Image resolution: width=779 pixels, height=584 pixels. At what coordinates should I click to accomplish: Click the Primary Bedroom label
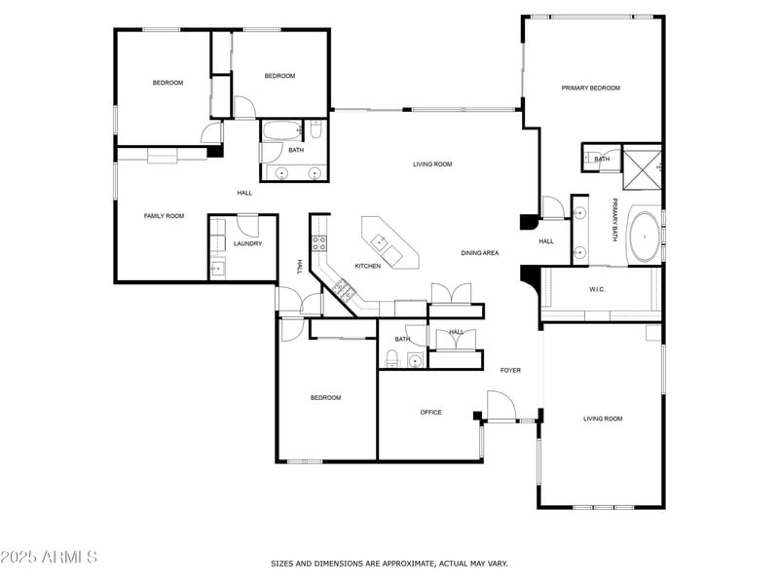click(x=591, y=88)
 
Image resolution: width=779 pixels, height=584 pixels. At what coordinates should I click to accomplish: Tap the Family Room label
click(x=164, y=216)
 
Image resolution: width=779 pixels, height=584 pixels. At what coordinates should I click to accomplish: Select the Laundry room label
click(x=247, y=244)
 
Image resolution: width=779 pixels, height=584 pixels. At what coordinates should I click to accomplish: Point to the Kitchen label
click(x=368, y=266)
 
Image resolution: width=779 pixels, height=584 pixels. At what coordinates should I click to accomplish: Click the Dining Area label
click(x=479, y=253)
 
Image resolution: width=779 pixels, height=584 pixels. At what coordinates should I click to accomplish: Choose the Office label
click(x=430, y=412)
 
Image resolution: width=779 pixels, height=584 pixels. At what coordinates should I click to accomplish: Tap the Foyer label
click(x=510, y=370)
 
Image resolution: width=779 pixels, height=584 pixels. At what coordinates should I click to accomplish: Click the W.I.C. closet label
click(x=597, y=289)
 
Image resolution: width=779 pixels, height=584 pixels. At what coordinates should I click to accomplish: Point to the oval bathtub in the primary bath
click(x=645, y=237)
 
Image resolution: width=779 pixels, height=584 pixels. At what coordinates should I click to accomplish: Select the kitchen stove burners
click(x=319, y=242)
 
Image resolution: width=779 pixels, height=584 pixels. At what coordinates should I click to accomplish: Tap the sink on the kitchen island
click(x=379, y=241)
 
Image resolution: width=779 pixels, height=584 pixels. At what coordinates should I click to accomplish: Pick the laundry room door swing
click(x=248, y=226)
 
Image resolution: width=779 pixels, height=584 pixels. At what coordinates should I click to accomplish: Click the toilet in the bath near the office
click(x=392, y=357)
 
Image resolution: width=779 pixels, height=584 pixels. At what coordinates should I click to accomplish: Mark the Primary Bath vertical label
click(x=614, y=220)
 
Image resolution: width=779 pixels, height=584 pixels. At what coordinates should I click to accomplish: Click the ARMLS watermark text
click(x=49, y=557)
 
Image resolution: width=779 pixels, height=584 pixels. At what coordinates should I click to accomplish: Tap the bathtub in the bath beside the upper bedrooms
click(x=281, y=130)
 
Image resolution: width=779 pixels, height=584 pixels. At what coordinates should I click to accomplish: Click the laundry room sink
click(x=217, y=269)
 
